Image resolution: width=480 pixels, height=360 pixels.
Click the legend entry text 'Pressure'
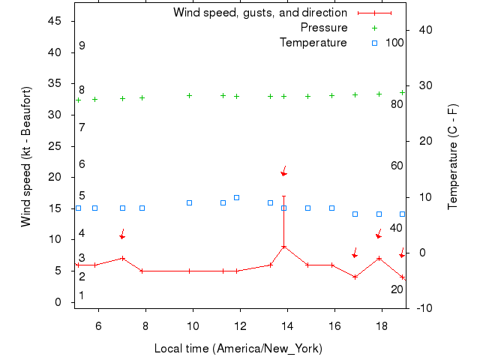point(324,28)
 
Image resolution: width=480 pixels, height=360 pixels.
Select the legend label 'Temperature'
point(313,43)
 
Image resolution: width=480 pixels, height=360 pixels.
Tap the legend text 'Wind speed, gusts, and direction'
point(260,13)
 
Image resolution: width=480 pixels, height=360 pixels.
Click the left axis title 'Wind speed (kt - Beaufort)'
point(26,156)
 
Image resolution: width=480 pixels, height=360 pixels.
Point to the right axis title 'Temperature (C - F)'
point(453,156)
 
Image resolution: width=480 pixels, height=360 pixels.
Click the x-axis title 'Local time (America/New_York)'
point(238,349)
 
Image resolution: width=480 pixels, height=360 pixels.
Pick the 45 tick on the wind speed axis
point(55,21)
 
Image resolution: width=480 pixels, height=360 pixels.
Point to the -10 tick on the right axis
point(424,308)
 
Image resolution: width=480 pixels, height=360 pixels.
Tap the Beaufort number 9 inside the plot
point(82,46)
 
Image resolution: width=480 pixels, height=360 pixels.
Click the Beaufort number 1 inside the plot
point(82,295)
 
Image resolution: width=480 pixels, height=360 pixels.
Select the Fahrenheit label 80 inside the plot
point(397,103)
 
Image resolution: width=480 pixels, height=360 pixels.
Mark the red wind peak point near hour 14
point(283,247)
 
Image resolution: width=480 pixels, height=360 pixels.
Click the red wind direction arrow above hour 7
point(122,234)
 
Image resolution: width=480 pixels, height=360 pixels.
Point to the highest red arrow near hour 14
point(284,170)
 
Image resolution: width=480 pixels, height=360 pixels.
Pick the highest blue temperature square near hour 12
point(237,197)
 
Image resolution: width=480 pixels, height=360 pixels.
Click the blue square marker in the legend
point(375,43)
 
